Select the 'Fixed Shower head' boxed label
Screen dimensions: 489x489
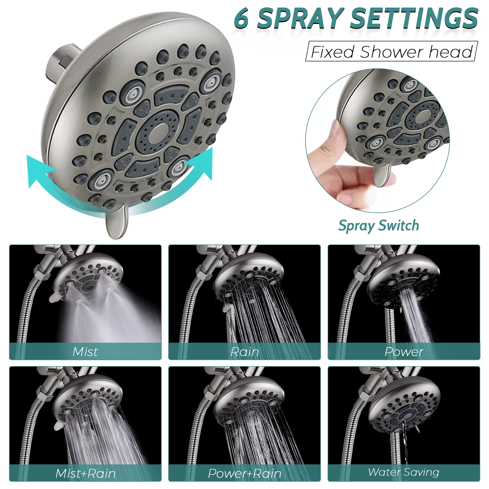pos(391,51)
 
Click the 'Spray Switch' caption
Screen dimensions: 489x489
pos(379,225)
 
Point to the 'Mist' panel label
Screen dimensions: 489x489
pos(85,352)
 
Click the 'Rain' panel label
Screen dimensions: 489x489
pos(245,352)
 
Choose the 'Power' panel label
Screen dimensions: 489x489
pos(404,352)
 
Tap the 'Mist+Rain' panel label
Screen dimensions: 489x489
pos(86,474)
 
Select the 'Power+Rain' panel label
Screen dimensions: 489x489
pos(244,474)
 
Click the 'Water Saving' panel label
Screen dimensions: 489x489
pos(404,472)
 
